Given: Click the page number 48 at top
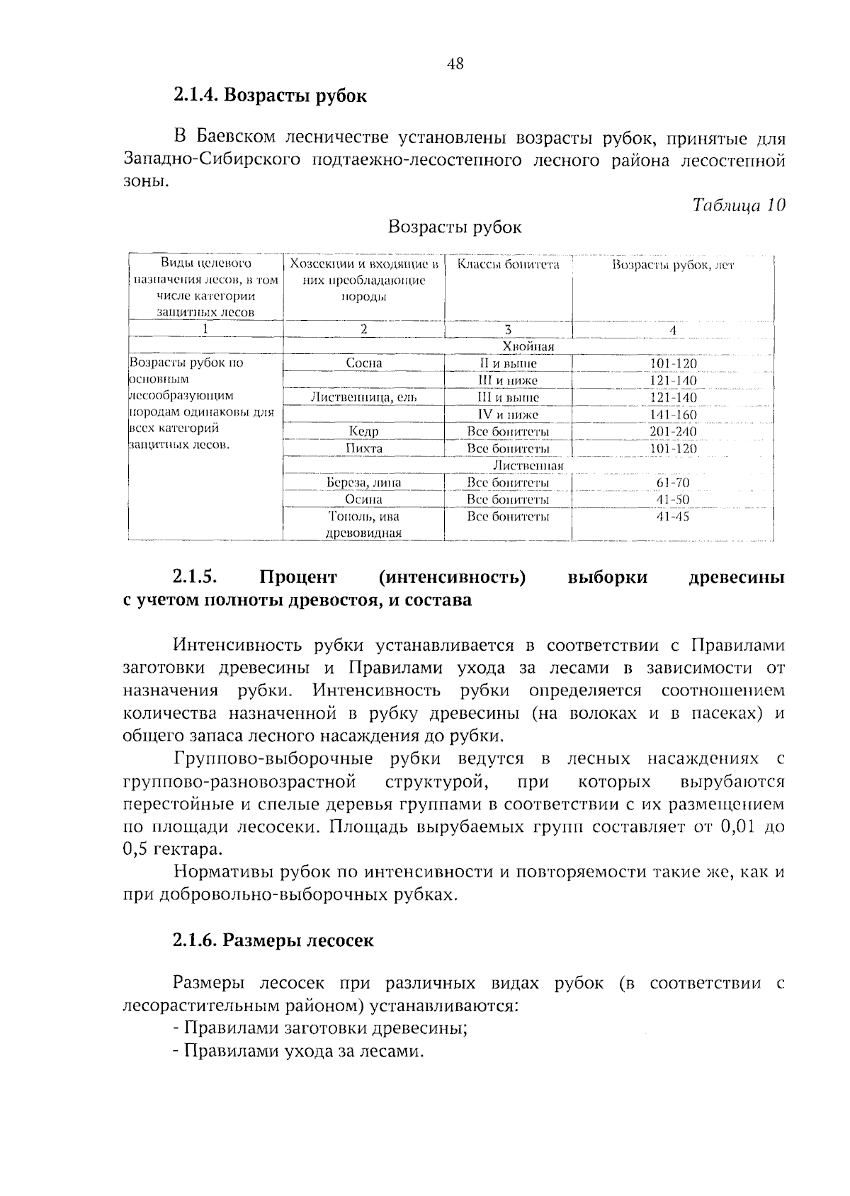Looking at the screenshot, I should (455, 64).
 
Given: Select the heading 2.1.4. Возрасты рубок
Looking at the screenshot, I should (270, 96).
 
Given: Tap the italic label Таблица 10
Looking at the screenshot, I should (739, 205).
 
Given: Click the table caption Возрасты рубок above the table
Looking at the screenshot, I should (455, 227).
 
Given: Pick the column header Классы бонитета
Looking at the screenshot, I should (508, 265).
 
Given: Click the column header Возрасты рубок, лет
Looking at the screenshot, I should (673, 266).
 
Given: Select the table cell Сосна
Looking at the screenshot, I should (363, 363).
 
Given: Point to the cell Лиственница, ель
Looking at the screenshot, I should (363, 397).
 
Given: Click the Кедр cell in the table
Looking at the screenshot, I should (363, 431).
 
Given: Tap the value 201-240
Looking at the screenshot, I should (673, 431).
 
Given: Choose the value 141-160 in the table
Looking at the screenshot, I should (673, 414).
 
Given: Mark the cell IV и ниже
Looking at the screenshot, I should (508, 414).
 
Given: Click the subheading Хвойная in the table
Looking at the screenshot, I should (528, 346).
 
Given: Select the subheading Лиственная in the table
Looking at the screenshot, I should (528, 465).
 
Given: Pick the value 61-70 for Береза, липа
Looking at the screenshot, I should (673, 482).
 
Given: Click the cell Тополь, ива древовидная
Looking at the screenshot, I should (363, 525).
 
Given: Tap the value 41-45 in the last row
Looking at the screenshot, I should (673, 516).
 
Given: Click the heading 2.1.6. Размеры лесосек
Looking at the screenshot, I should (273, 940).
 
